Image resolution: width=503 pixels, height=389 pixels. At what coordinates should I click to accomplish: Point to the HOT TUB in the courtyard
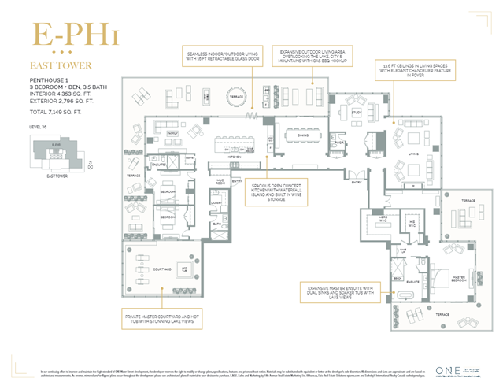pos(184,269)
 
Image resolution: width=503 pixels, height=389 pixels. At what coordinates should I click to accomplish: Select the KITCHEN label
pos(235,157)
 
